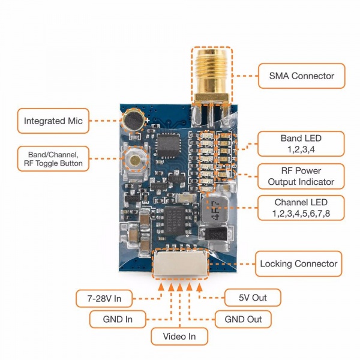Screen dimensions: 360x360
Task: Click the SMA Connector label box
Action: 302,76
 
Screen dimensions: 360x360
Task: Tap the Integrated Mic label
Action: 53,121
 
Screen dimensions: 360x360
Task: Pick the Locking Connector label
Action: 299,263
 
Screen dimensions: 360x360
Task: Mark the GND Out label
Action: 244,319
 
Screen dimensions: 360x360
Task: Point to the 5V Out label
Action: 253,298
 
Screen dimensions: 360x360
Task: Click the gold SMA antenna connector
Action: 212,75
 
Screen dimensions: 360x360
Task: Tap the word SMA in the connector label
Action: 280,76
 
